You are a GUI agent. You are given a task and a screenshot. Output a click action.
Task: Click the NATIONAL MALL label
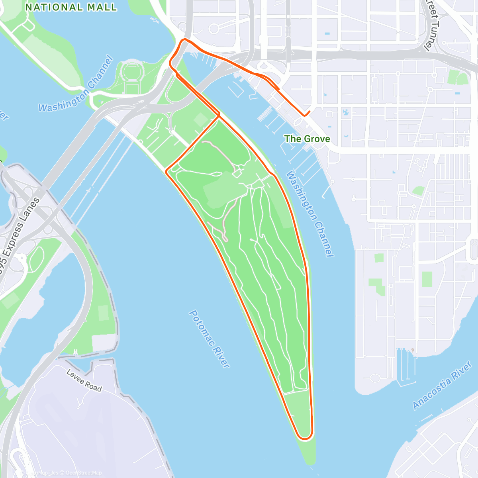[x=71, y=7]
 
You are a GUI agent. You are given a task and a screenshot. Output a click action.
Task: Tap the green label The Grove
[x=307, y=139]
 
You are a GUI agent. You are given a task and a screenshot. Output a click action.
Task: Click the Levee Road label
[x=84, y=381]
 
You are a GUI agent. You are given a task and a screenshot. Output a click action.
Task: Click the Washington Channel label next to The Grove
[x=310, y=214]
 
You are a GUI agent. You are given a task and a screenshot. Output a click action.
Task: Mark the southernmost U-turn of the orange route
[x=305, y=438]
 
